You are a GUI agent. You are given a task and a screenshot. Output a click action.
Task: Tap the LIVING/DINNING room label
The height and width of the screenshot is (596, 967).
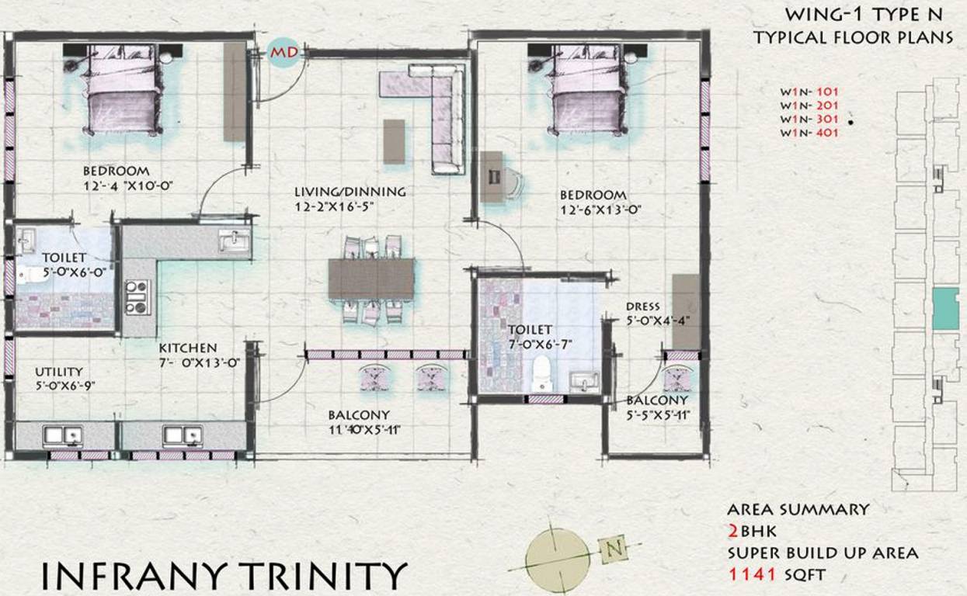(x=350, y=192)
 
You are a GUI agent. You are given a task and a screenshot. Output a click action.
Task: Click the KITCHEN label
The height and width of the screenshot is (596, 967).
(x=188, y=348)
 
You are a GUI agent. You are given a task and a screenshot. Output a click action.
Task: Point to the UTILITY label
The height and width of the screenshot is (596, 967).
(x=57, y=372)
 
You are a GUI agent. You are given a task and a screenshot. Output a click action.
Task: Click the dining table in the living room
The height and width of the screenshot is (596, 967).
(x=371, y=278)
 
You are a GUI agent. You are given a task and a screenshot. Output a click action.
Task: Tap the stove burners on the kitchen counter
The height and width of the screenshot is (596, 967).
(x=137, y=296)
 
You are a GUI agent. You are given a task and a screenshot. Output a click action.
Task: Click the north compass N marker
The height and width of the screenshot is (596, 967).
(x=614, y=549)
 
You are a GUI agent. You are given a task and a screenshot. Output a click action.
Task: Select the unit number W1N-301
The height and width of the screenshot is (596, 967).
(x=809, y=120)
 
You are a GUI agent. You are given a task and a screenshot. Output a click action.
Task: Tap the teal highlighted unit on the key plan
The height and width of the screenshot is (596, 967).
(x=945, y=307)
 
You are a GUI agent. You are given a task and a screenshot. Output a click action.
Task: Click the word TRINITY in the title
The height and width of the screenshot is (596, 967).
(x=321, y=576)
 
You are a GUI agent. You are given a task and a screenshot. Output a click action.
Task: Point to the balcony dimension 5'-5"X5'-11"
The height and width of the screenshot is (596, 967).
(x=658, y=415)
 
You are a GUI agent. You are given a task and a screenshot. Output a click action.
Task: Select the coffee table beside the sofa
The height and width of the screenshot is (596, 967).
(x=395, y=141)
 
